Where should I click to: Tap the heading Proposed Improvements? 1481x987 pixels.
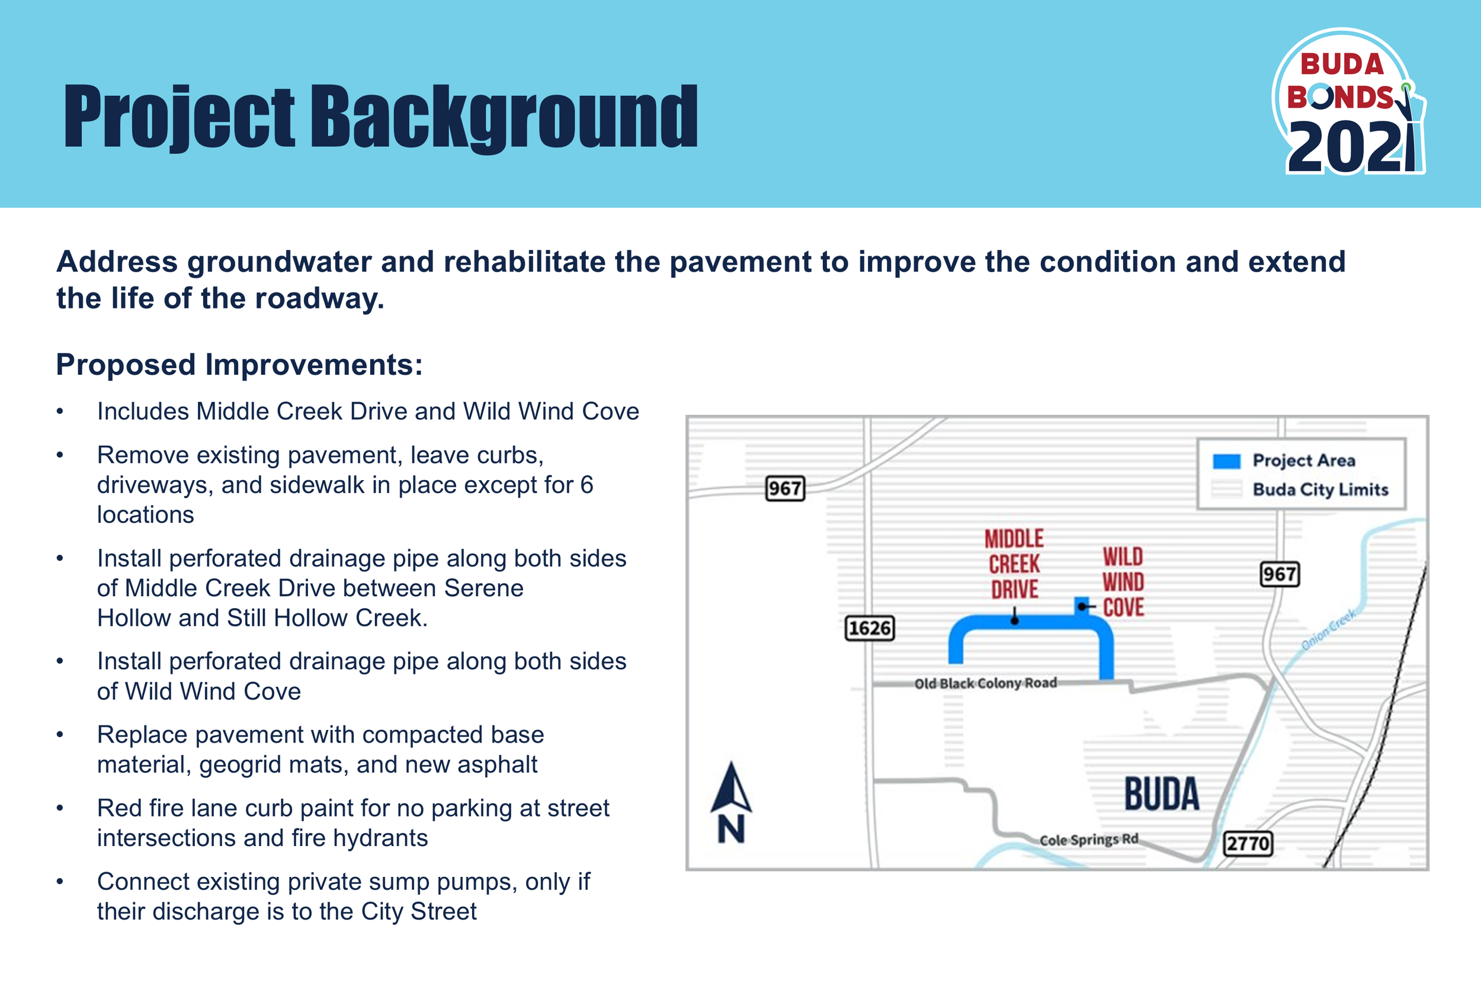[239, 365]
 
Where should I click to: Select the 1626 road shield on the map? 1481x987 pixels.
[869, 628]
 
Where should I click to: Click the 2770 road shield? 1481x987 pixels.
[1248, 843]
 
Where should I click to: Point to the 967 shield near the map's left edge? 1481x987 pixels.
[784, 488]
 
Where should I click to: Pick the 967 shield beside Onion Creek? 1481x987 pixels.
[1280, 574]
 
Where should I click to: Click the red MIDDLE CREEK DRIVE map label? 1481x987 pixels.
[1014, 564]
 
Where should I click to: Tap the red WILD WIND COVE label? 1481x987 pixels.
[1123, 581]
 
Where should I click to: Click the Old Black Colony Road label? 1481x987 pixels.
[985, 683]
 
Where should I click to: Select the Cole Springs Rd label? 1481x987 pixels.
[1089, 839]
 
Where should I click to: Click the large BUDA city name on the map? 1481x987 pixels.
[1162, 794]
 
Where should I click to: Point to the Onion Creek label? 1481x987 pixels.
[1328, 629]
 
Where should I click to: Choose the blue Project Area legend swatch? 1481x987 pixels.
[1227, 461]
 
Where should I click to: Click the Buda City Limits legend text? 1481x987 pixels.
[1320, 489]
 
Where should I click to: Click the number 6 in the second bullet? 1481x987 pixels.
[586, 485]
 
